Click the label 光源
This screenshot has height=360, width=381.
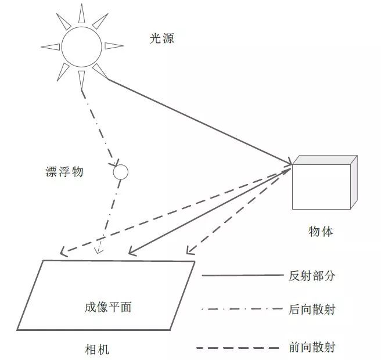(161, 39)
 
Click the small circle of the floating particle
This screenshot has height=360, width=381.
(120, 172)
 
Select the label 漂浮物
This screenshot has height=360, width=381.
(64, 172)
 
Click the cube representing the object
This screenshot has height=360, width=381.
(321, 185)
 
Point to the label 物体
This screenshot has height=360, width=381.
(321, 231)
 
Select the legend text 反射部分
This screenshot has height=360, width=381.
(312, 276)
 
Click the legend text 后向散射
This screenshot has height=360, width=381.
(312, 309)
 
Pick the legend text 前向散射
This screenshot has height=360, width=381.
(312, 348)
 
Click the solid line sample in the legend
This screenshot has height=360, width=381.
(240, 276)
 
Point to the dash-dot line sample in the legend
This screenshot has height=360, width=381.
(240, 309)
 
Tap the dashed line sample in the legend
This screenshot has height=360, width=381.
(240, 348)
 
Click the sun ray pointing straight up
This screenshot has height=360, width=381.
(81, 13)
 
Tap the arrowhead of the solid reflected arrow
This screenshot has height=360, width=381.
(132, 253)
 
